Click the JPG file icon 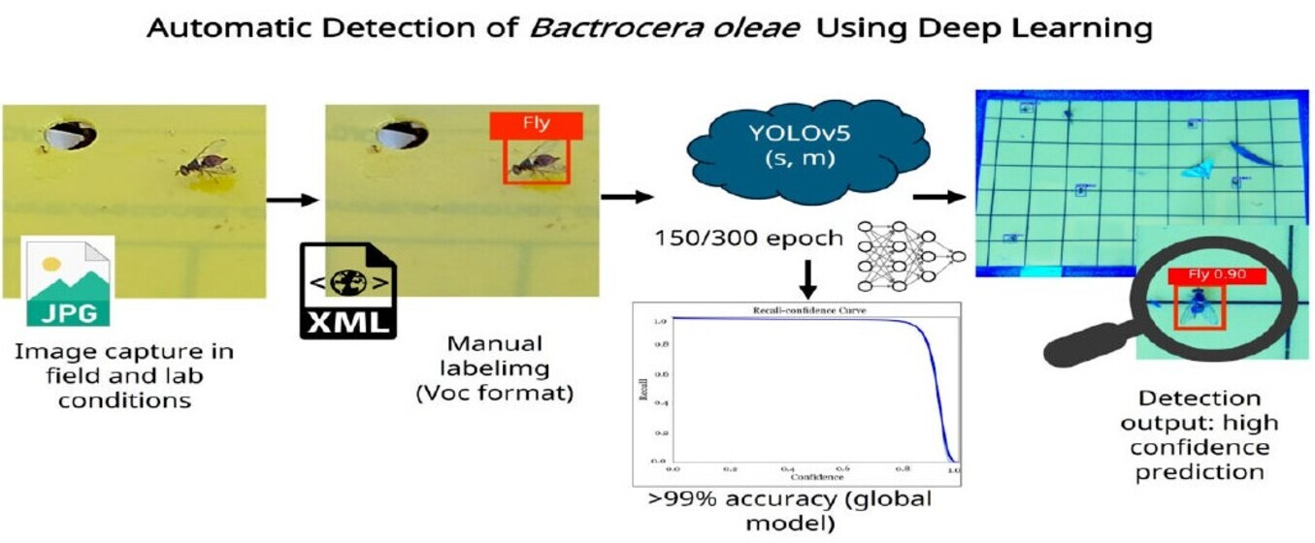point(67,281)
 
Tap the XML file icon point(347,290)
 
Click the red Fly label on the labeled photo point(535,125)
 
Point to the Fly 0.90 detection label point(1218,275)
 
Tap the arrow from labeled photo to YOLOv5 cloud point(626,198)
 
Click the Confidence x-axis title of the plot point(813,477)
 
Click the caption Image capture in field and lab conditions point(123,374)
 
